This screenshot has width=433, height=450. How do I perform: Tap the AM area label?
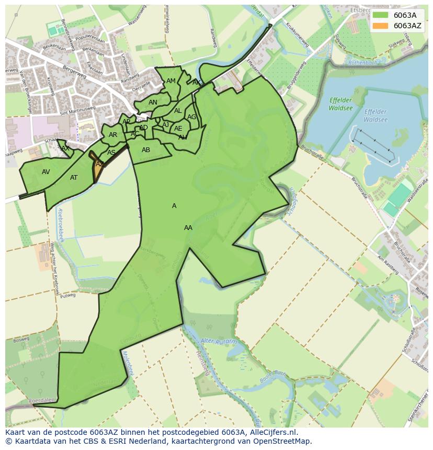(x=171, y=81)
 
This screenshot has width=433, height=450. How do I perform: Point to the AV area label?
(x=46, y=172)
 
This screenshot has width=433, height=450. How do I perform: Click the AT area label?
(x=74, y=178)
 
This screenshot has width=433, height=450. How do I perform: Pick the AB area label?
(x=146, y=150)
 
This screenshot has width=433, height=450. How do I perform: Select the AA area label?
(x=188, y=228)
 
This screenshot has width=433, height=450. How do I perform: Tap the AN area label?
(x=153, y=102)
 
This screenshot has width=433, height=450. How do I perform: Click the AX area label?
(x=65, y=148)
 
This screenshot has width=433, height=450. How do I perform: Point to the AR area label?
(x=113, y=135)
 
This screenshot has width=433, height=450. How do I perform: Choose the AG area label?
(x=191, y=117)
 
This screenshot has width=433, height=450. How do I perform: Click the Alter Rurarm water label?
(x=219, y=342)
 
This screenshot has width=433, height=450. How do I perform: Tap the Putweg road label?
(x=68, y=295)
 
